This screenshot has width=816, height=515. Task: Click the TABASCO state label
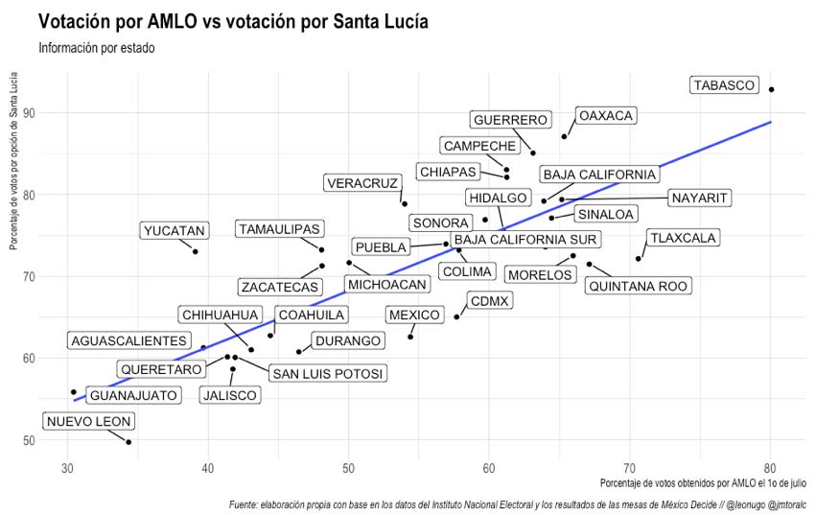(724, 85)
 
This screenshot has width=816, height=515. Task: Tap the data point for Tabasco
(772, 89)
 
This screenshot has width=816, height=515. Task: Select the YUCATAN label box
(174, 231)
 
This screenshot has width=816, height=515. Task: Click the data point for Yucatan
(196, 251)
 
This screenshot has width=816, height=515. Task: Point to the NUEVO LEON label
(89, 422)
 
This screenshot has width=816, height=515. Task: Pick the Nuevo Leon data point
(128, 442)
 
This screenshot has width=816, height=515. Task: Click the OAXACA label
(606, 116)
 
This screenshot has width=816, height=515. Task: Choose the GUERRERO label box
(511, 120)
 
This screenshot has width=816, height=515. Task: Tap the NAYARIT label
(700, 199)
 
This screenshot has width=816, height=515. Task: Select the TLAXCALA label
(683, 238)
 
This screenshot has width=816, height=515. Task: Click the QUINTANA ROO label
(639, 286)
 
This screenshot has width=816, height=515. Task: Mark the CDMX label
(490, 301)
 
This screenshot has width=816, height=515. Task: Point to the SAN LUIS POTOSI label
(326, 373)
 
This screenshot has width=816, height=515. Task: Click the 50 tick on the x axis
(348, 468)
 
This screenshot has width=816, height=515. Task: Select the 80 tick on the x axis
(769, 468)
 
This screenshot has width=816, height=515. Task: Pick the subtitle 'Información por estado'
(104, 48)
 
